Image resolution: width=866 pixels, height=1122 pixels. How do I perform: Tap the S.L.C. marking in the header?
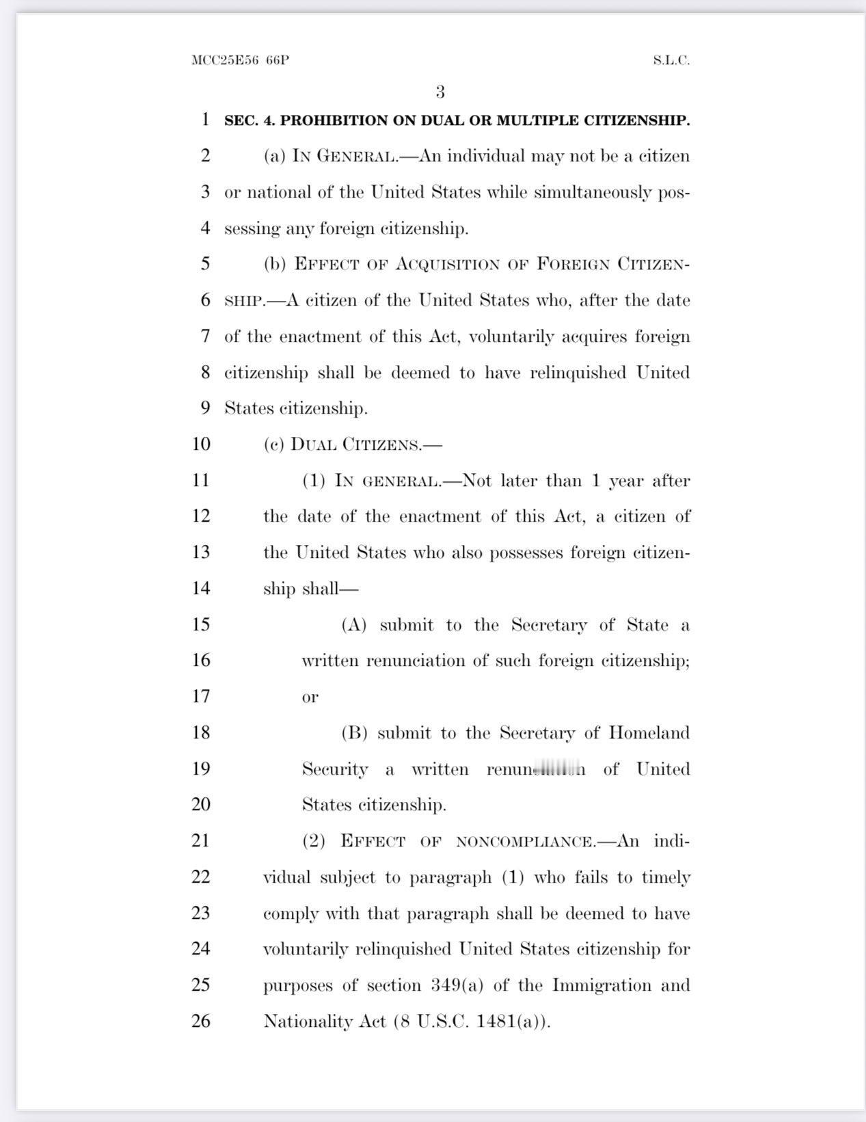coord(671,60)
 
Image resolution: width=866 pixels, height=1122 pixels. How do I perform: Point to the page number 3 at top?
coord(440,92)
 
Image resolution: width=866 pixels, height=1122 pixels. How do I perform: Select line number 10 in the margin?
coord(200,444)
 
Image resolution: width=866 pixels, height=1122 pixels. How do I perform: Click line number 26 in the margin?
coord(200,1021)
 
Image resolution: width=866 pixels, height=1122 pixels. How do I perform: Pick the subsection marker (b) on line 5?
coord(275,264)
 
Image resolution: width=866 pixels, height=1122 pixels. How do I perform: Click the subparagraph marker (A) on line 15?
coord(354,625)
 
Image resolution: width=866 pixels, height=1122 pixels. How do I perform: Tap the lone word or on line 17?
coord(310,697)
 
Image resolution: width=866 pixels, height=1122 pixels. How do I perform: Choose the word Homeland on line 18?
coord(649,733)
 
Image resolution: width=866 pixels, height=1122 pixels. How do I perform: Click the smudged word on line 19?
coord(536,769)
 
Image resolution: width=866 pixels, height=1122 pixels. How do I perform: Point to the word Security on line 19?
coord(335,769)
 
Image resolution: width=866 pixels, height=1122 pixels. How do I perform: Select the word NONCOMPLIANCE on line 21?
coord(525,842)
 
